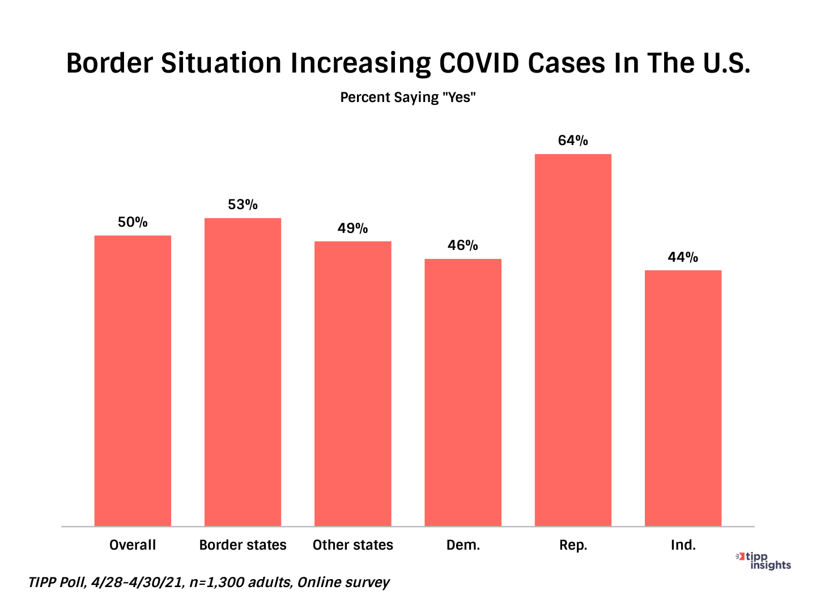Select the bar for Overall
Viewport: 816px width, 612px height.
coord(133,380)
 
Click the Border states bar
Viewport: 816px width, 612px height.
coord(243,372)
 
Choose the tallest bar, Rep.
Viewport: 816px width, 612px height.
coord(573,340)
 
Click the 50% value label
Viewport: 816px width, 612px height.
coord(133,222)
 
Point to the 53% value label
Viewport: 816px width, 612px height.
coord(243,205)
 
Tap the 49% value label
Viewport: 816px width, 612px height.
coord(352,228)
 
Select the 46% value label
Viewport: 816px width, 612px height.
coord(463,245)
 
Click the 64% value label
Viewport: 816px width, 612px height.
coord(573,141)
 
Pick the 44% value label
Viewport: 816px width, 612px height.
coord(683,257)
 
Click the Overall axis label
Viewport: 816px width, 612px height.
coord(133,545)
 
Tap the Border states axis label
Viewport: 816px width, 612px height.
coord(243,545)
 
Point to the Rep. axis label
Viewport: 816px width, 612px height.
coord(573,545)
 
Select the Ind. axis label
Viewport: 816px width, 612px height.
coord(683,545)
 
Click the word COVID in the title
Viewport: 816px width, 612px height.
coord(479,63)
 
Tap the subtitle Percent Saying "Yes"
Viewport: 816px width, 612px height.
coord(407,97)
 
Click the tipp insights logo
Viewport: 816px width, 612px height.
coord(765,560)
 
